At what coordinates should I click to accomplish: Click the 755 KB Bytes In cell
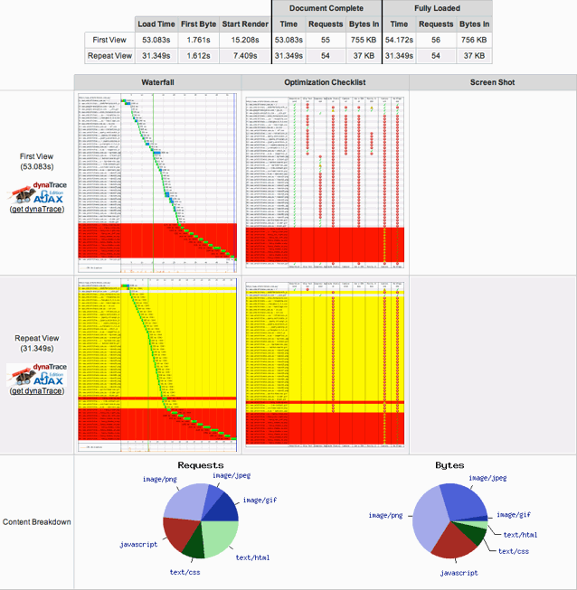click(x=370, y=40)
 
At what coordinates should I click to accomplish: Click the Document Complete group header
click(x=326, y=8)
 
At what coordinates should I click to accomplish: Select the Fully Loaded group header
click(x=437, y=8)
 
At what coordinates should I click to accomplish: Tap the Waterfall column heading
click(x=157, y=82)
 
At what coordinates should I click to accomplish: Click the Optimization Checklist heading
click(x=325, y=82)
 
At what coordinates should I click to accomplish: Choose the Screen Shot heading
click(x=492, y=82)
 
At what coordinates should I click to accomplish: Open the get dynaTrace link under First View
click(x=37, y=209)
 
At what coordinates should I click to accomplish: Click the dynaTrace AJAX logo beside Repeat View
click(x=37, y=372)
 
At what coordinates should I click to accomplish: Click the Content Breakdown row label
click(x=37, y=522)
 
